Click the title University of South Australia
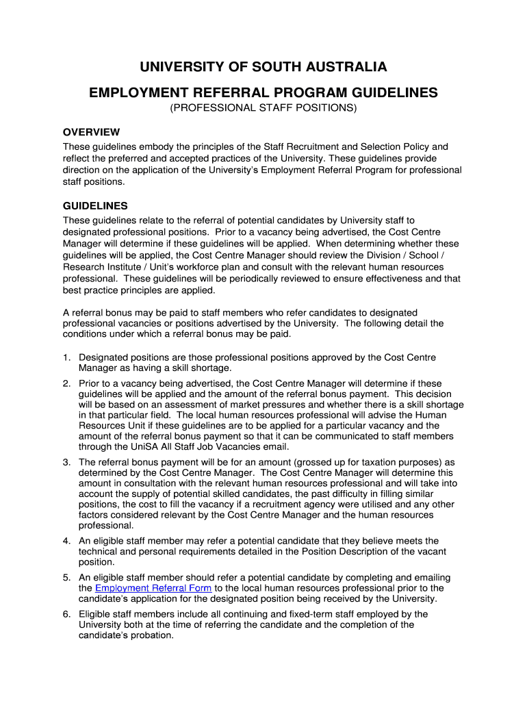coord(263,67)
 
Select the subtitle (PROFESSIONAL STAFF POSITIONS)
coord(263,109)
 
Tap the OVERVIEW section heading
coord(91,132)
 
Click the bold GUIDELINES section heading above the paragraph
coord(95,206)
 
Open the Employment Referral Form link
coord(153,588)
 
